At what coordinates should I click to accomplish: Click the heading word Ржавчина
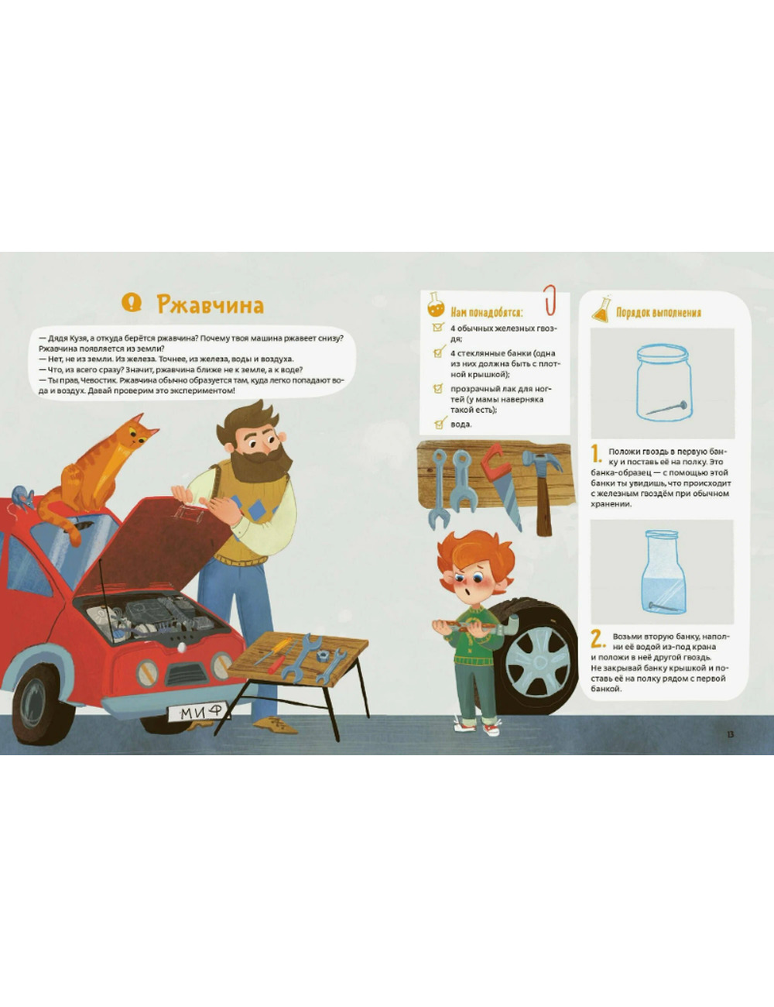(211, 305)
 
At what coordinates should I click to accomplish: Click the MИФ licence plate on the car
(199, 713)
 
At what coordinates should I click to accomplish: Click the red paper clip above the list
(550, 301)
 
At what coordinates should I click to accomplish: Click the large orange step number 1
(596, 455)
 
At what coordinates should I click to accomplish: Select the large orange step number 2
(598, 640)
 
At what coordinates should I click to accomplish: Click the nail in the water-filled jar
(665, 605)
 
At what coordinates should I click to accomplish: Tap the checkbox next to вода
(438, 423)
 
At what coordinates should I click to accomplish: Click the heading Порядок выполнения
(658, 312)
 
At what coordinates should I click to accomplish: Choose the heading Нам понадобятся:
(487, 312)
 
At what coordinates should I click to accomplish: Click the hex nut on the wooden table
(322, 655)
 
